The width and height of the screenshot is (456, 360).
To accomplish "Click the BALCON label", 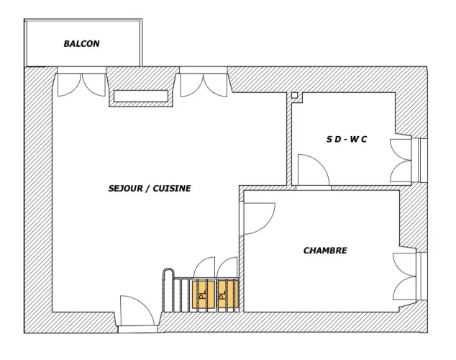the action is tap(81, 44).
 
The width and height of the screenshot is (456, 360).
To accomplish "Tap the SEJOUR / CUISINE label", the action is tap(150, 189).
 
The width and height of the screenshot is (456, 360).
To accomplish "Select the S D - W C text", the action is tap(347, 140).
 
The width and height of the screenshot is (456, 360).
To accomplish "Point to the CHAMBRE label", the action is tap(325, 251).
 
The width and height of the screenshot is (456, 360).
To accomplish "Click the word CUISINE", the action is tap(172, 189).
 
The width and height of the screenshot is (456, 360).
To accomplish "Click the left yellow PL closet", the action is tap(204, 294).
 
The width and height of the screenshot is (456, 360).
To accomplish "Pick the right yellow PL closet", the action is tap(229, 294).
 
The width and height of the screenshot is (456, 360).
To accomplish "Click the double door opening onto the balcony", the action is tap(81, 84).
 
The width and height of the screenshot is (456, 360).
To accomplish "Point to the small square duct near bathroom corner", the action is tap(294, 95).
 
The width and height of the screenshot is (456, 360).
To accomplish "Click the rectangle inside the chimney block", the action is tap(141, 96).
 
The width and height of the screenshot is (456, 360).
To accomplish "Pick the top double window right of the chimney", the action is tap(204, 85).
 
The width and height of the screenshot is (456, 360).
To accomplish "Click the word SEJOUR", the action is tap(126, 189).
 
